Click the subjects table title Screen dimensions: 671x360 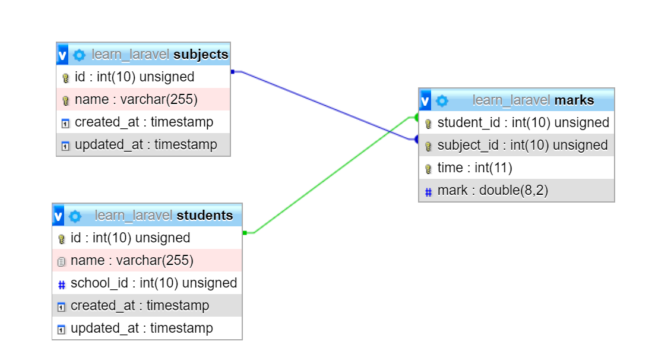pos(160,55)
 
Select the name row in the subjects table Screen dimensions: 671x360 pos(143,99)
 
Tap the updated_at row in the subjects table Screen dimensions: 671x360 pos(143,145)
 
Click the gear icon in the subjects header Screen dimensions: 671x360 pos(79,55)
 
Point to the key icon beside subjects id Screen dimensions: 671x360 pos(65,77)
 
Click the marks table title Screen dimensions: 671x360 pos(533,100)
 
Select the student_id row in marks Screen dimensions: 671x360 pos(517,122)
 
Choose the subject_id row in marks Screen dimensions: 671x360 pos(517,145)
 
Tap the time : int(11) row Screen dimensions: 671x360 pos(517,168)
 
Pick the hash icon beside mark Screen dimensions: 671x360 pos(428,192)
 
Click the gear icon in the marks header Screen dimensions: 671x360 pos(442,100)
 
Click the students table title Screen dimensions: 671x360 pos(164,215)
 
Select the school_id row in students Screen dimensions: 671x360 pos(147,283)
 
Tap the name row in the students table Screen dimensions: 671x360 pos(147,260)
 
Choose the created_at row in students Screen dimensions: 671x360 pos(147,305)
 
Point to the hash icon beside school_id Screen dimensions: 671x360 pos(62,285)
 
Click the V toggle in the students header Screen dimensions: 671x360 pos(58,216)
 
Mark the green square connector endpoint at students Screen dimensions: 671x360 pos(245,233)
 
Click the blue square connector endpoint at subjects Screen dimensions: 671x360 pos(233,71)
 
